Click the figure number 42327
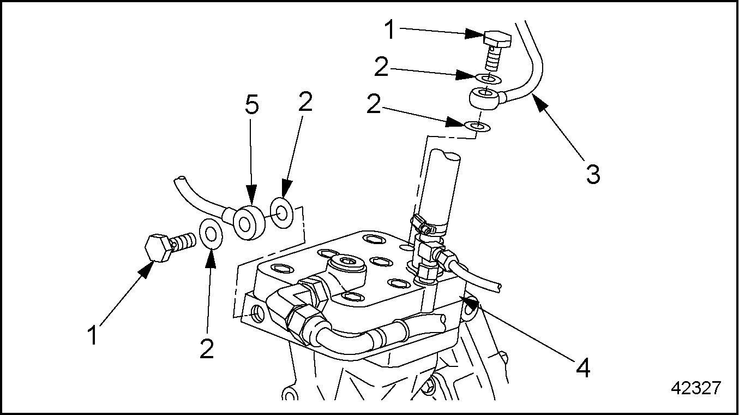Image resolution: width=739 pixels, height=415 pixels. coord(696,388)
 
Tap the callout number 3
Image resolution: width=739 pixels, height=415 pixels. coord(593,175)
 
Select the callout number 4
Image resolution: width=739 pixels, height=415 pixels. coord(583,368)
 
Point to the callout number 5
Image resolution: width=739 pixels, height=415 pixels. coord(251,106)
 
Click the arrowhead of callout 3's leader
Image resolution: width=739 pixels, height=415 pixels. coord(537,101)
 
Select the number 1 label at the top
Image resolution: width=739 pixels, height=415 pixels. coord(390,29)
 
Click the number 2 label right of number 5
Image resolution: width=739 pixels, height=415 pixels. coord(305,102)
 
